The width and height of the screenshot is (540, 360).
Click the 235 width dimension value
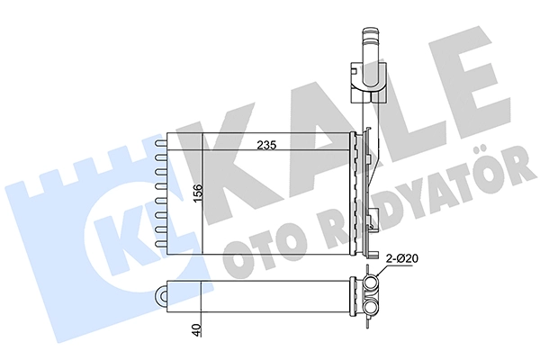pos(267,146)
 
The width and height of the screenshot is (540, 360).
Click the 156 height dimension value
pos(198,193)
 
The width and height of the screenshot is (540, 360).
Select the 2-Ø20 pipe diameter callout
pos(401,258)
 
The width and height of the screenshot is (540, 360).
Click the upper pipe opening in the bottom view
pos(371,283)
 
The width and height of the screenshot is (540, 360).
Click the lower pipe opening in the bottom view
pos(371,306)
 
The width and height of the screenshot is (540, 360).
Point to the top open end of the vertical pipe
pos(371,31)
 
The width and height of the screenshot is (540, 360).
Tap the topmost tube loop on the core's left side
pos(161,143)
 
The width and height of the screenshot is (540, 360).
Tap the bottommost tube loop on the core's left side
pos(161,244)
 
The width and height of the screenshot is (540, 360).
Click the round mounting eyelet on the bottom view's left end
pos(162,295)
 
